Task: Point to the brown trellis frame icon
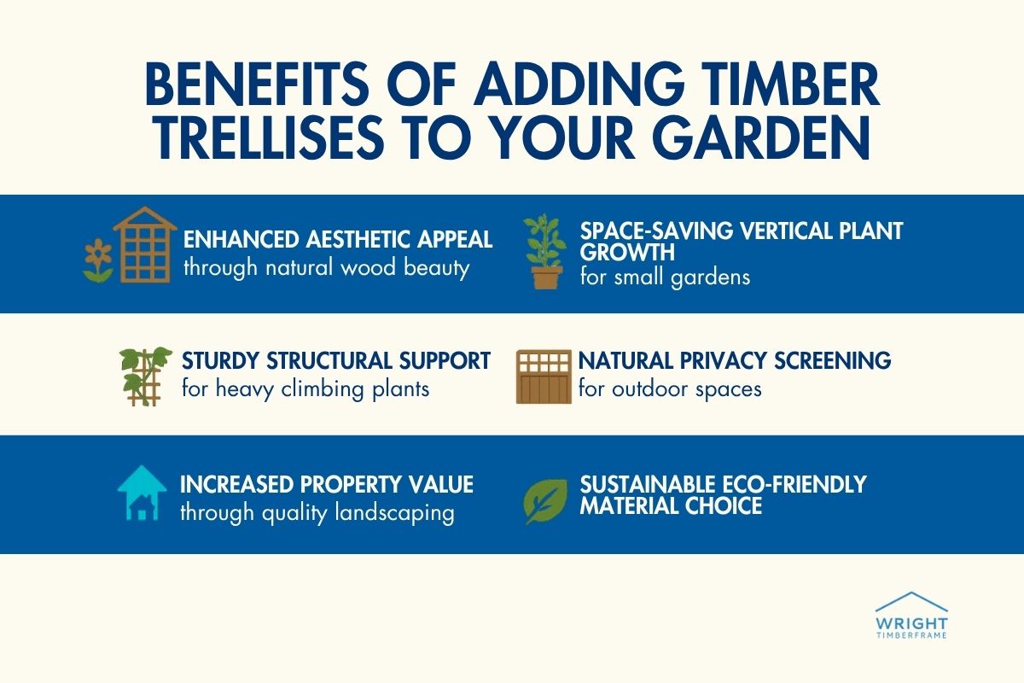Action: (144, 244)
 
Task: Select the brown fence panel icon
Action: (543, 376)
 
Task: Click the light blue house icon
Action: (142, 494)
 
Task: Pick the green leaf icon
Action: (545, 499)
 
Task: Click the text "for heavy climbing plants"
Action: (305, 389)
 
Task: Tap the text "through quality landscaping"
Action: (317, 514)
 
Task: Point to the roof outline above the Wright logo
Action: (911, 601)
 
